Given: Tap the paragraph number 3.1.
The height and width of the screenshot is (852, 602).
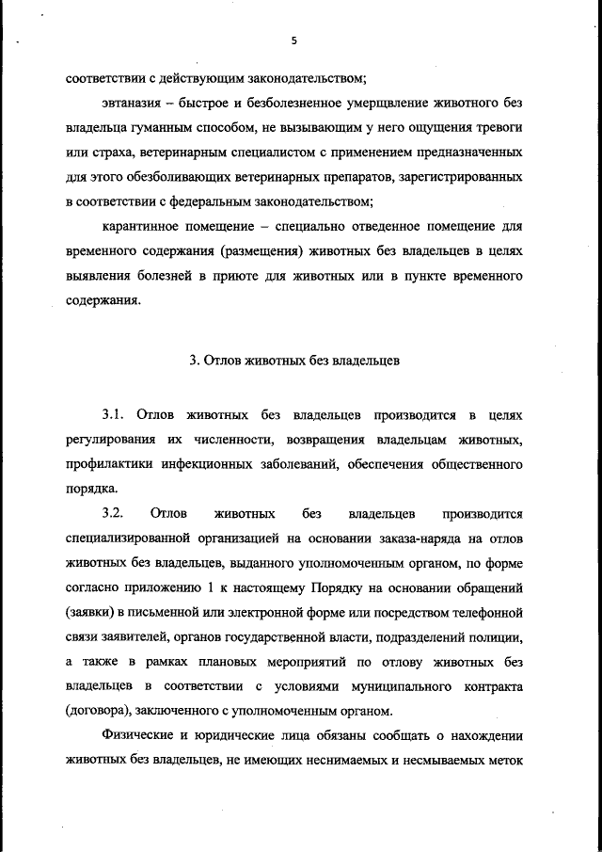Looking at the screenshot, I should coord(113,415).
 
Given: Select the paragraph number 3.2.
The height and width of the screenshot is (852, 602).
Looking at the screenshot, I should coord(113,513).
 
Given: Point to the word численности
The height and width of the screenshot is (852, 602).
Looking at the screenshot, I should coord(212,440).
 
